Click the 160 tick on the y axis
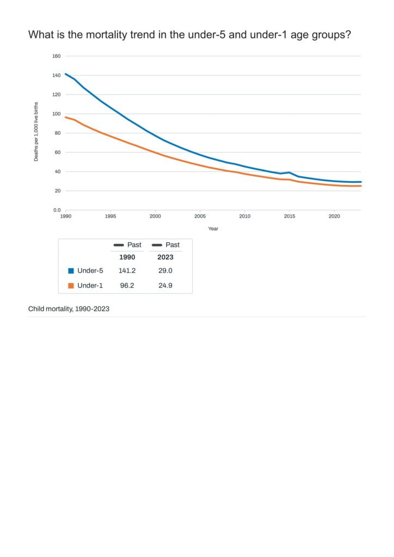56,56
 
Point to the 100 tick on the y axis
56,114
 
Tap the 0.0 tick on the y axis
57,210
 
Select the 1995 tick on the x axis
110,216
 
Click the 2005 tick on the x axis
200,216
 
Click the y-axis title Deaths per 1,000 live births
36,131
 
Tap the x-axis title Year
213,228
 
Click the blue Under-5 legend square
71,271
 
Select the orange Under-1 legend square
71,286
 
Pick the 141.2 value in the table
127,271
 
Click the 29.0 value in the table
165,271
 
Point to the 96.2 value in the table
127,286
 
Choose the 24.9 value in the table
165,286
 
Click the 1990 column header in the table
127,257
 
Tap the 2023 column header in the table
165,257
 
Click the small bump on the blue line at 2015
290,172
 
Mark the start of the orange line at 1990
66,117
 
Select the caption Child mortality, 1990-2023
69,309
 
